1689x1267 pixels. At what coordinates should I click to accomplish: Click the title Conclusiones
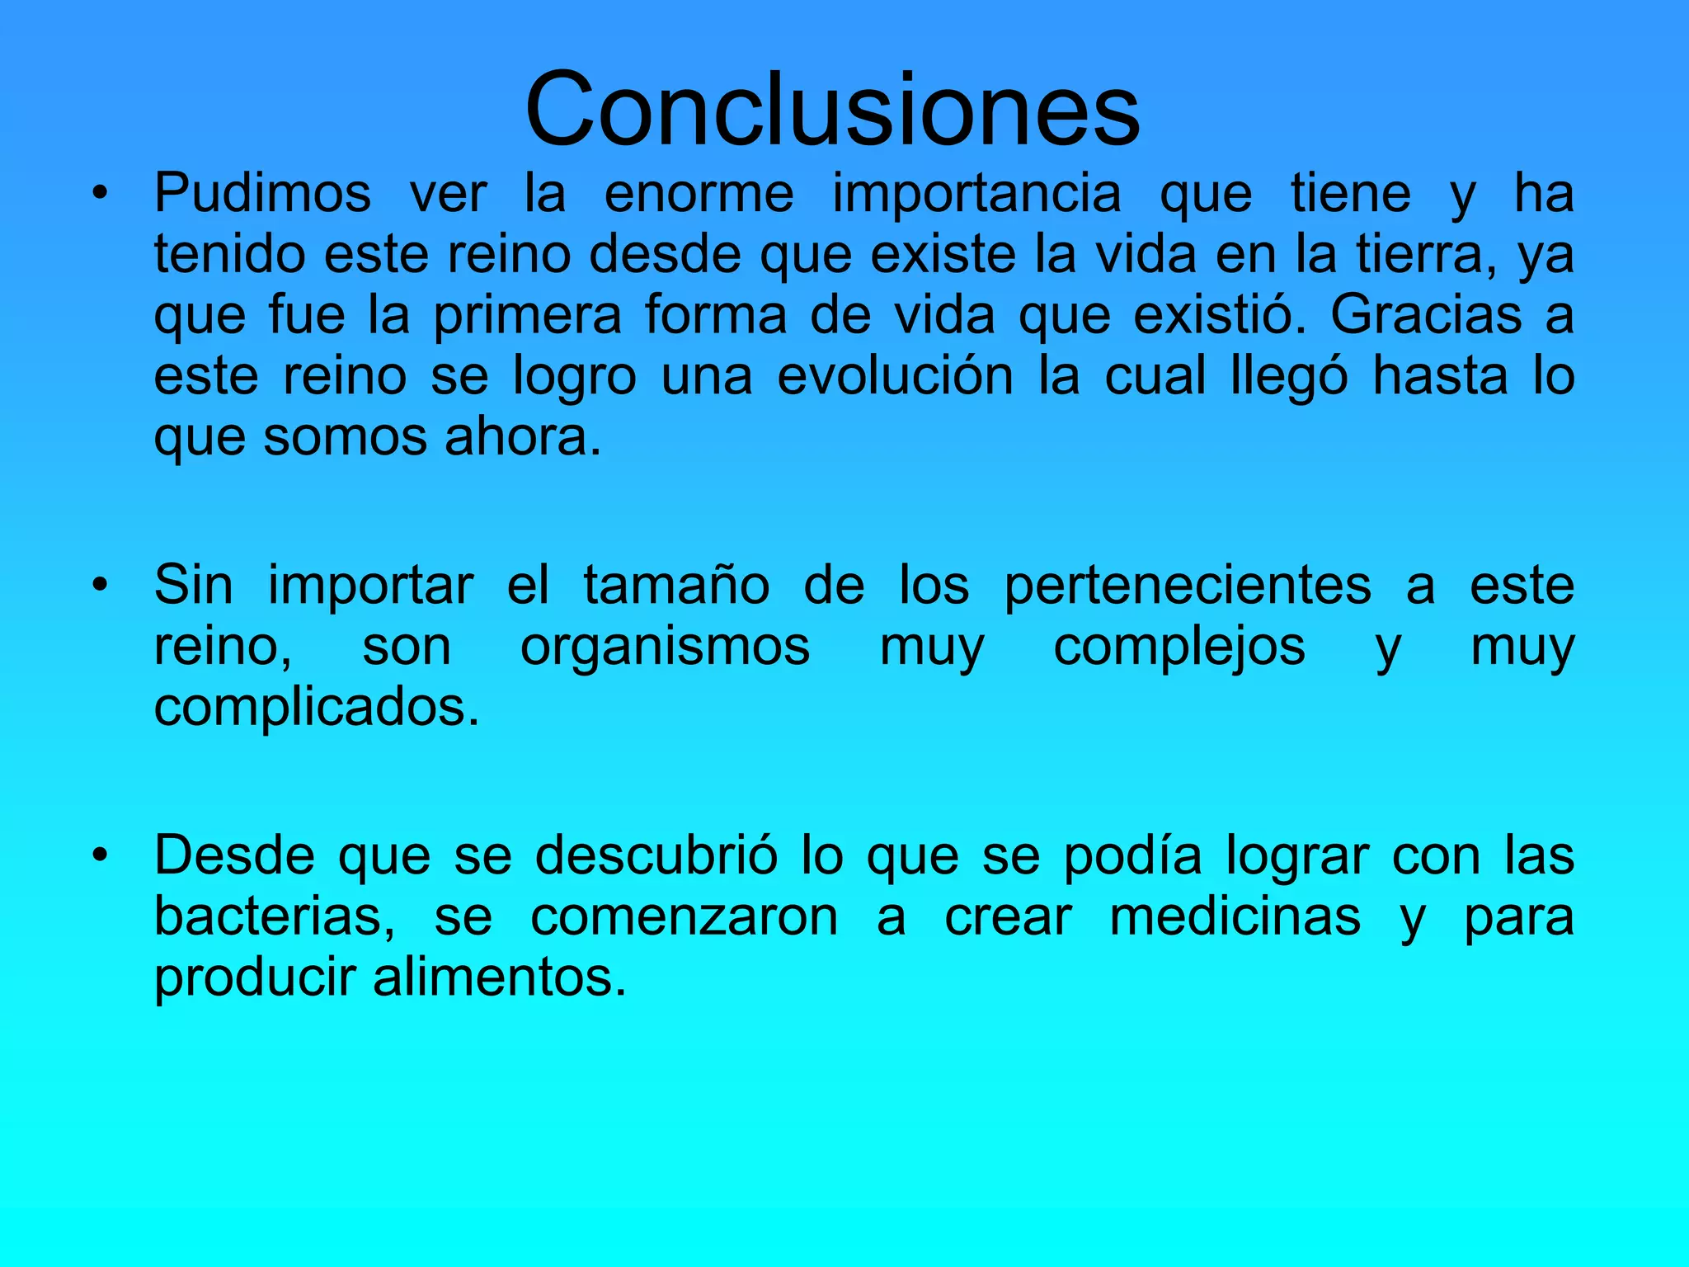pyautogui.click(x=832, y=110)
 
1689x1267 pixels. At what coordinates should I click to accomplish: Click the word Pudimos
pyautogui.click(x=262, y=194)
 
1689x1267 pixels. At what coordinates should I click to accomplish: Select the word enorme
pyautogui.click(x=699, y=194)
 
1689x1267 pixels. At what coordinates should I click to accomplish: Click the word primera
pyautogui.click(x=528, y=316)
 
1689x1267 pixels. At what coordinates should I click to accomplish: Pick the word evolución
pyautogui.click(x=895, y=375)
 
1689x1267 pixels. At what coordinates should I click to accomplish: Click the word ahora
pyautogui.click(x=522, y=436)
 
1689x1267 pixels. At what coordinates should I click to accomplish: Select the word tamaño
pyautogui.click(x=676, y=585)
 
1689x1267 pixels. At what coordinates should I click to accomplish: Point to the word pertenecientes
pyautogui.click(x=1188, y=586)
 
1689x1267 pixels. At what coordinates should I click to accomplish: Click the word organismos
pyautogui.click(x=665, y=648)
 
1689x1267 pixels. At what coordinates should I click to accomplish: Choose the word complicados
pyautogui.click(x=316, y=707)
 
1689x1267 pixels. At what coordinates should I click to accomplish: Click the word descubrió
pyautogui.click(x=656, y=855)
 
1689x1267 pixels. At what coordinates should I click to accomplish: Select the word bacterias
pyautogui.click(x=275, y=916)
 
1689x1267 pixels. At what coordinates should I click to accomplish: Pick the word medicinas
pyautogui.click(x=1235, y=916)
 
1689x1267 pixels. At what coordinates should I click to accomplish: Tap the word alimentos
pyautogui.click(x=499, y=977)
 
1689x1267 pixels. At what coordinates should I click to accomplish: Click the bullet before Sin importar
pyautogui.click(x=100, y=586)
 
